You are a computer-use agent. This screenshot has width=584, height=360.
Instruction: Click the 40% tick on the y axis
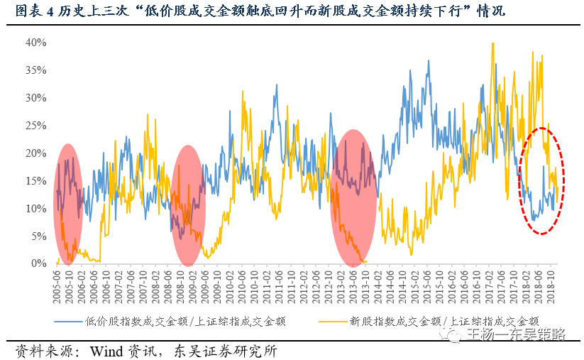click(x=36, y=43)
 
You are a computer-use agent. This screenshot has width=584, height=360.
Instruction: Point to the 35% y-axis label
click(x=36, y=70)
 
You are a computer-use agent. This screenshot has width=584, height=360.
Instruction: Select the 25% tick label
click(x=36, y=126)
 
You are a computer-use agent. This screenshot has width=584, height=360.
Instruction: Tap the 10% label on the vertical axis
click(x=36, y=208)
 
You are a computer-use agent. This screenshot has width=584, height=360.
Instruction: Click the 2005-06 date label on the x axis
click(x=57, y=284)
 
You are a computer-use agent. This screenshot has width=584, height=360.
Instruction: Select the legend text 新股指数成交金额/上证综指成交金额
click(x=444, y=321)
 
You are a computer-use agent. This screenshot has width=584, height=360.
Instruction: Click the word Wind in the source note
click(x=104, y=351)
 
